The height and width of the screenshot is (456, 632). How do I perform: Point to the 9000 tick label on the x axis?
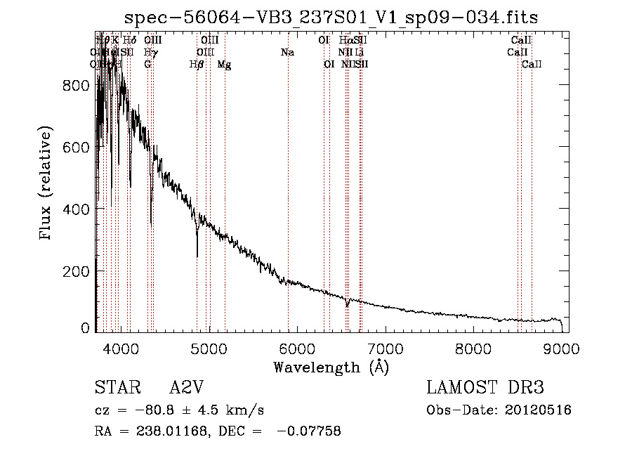pyautogui.click(x=562, y=348)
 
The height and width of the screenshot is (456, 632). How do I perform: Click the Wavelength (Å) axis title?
pyautogui.click(x=331, y=366)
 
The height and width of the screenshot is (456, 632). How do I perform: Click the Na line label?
pyautogui.click(x=287, y=52)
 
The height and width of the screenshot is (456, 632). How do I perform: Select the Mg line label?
pyautogui.click(x=225, y=64)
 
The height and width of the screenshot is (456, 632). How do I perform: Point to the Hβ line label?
pyautogui.click(x=197, y=64)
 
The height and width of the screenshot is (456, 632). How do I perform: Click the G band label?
pyautogui.click(x=147, y=64)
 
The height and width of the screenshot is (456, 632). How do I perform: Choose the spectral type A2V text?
pyautogui.click(x=187, y=388)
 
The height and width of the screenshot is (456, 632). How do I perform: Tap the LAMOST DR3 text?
pyautogui.click(x=485, y=388)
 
